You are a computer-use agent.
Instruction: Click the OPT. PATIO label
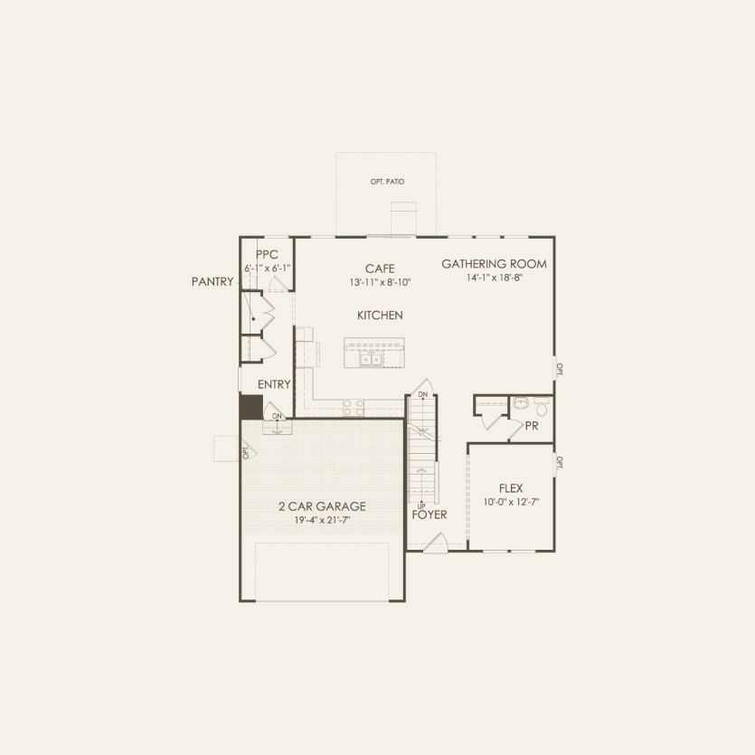(x=387, y=182)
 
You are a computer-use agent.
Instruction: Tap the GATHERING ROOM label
(x=494, y=264)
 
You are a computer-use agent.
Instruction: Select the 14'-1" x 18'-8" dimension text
(x=494, y=278)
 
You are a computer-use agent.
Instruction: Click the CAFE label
(x=380, y=269)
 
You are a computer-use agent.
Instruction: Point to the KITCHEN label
(x=380, y=316)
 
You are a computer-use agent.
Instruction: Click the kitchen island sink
(x=372, y=359)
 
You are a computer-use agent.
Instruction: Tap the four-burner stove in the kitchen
(x=354, y=408)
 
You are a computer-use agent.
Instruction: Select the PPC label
(x=267, y=255)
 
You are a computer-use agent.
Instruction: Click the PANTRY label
(x=212, y=282)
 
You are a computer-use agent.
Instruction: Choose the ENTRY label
(x=274, y=384)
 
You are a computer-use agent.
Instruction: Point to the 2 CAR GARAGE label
(x=322, y=506)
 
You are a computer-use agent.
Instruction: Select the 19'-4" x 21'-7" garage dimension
(x=322, y=520)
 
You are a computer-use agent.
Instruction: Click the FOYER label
(x=429, y=514)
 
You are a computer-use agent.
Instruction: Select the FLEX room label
(x=511, y=488)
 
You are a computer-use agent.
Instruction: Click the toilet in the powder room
(x=542, y=407)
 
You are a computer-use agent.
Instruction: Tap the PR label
(x=532, y=425)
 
